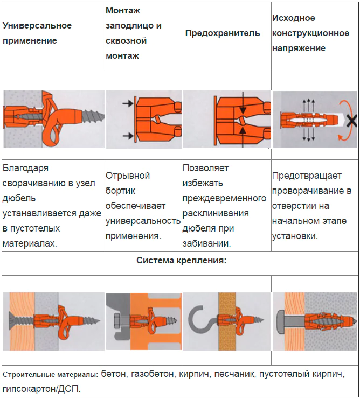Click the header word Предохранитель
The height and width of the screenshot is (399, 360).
coord(222,33)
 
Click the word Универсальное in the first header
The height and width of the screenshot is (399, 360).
coord(37,25)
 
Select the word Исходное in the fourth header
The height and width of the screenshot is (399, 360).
coord(294,18)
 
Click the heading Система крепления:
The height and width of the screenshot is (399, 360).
coord(181,260)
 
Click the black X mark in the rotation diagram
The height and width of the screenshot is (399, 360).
coord(352,121)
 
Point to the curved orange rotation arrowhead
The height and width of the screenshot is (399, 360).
coord(341,138)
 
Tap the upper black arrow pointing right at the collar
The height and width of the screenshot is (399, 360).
coord(128,103)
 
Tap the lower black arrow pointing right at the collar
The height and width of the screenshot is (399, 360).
coord(128,136)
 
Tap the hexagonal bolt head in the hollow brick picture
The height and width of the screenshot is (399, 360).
coord(118,320)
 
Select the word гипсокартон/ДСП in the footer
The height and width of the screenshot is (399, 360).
coord(41,389)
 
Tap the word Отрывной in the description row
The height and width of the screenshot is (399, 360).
coord(128,176)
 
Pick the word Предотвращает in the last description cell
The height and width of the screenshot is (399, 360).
coord(307,176)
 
